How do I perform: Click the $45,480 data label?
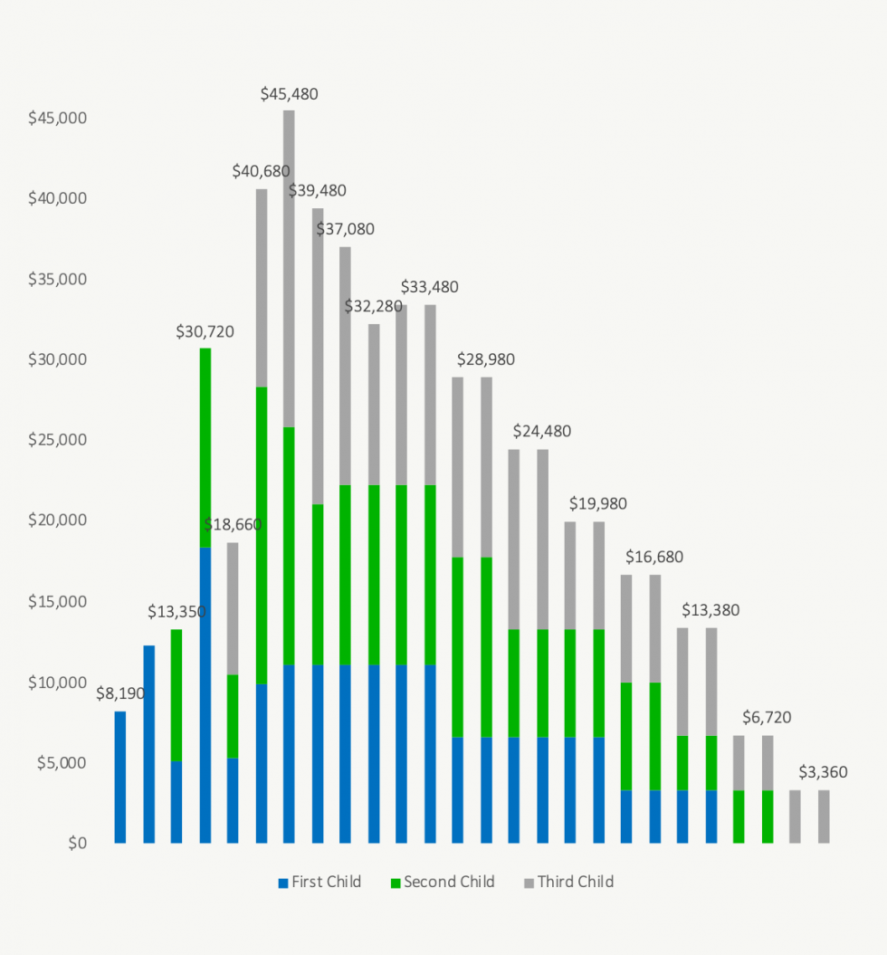coord(289,94)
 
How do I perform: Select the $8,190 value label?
coord(121,694)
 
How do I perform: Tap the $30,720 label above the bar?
coord(205,331)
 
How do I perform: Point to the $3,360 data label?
coord(823,772)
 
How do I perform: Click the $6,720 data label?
coord(767,718)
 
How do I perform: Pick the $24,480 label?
coord(542,431)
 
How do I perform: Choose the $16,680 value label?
coord(654,557)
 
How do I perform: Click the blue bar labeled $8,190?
coord(120,778)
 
